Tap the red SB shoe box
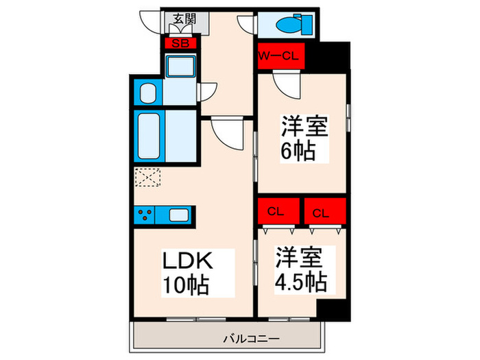(x=181, y=43)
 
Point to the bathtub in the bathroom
(x=149, y=136)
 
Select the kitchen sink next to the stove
(x=179, y=215)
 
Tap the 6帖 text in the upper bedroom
(x=296, y=149)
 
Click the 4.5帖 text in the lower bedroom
(x=301, y=281)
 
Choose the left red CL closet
(x=277, y=211)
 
